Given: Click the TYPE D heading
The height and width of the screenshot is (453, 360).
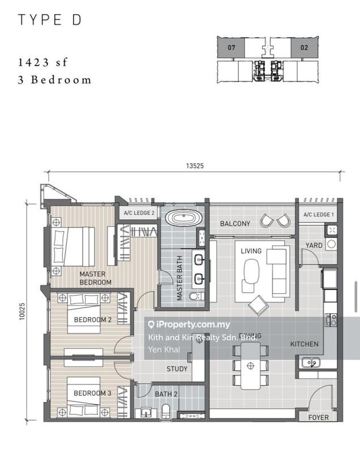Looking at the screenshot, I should [x=50, y=20].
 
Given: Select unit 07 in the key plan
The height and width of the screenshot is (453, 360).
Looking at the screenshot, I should [x=232, y=48].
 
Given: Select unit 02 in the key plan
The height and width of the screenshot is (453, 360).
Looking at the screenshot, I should [x=304, y=48].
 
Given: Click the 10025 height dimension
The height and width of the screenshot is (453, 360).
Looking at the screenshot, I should [x=22, y=310].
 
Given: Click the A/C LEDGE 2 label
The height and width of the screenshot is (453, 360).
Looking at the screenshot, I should [x=136, y=213].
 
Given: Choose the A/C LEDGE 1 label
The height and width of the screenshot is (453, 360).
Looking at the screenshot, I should [x=319, y=215].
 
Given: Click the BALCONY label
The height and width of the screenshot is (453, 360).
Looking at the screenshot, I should [x=235, y=224].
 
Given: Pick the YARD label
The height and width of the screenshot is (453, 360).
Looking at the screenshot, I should [x=314, y=246].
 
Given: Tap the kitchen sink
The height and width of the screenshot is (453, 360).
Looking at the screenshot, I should [x=309, y=362].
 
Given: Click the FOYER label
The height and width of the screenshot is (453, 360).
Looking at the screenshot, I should [x=318, y=418].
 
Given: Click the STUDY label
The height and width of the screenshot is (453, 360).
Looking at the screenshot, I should [x=177, y=369].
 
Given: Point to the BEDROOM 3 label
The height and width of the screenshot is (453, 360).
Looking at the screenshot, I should [x=92, y=393].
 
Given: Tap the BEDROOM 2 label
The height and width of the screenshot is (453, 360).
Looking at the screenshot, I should [x=92, y=319].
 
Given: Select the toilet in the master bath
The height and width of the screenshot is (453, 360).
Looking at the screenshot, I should [x=194, y=296].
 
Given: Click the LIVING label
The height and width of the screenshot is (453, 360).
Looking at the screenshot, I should [x=251, y=250].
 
